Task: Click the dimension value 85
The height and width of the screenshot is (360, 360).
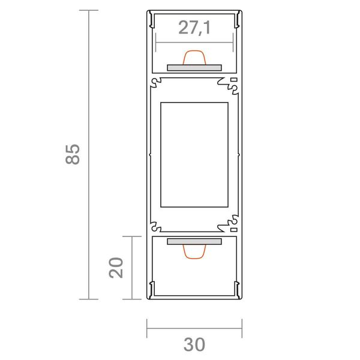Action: (x=73, y=154)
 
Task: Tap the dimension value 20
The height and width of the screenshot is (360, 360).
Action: (x=116, y=267)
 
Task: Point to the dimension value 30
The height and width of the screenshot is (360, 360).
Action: (x=194, y=344)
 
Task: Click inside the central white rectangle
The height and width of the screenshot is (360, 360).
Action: (x=194, y=154)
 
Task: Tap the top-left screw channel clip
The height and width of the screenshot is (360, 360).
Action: (x=156, y=82)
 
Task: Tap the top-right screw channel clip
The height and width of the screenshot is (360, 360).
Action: (x=233, y=83)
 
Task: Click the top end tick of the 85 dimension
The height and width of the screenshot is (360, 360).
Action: (x=89, y=11)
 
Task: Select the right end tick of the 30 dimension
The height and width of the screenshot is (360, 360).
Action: (x=242, y=328)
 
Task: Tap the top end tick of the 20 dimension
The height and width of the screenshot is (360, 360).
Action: (x=132, y=236)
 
